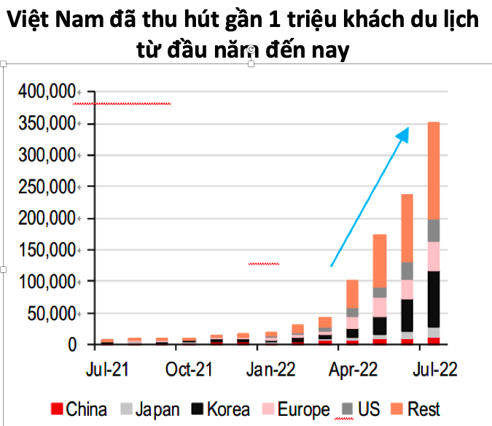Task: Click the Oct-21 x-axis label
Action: point(188,369)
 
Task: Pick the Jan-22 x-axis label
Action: point(271,369)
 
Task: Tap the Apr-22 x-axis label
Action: point(353,369)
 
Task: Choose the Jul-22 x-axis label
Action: point(435,369)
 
